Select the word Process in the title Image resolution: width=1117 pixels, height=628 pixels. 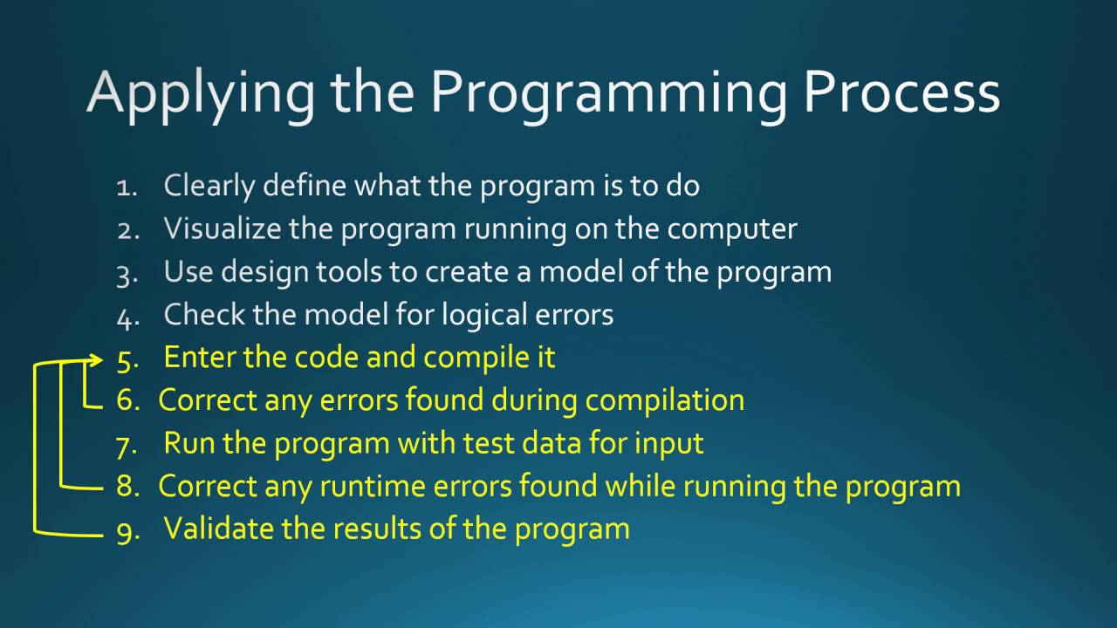click(901, 92)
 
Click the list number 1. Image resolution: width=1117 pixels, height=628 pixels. click(127, 187)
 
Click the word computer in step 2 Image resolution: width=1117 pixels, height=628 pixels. click(732, 229)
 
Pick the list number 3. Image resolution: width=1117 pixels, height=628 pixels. click(127, 273)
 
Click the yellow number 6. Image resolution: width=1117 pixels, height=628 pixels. click(127, 400)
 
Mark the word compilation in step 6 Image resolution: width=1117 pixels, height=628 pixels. click(664, 400)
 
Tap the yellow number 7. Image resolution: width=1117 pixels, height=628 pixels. click(127, 444)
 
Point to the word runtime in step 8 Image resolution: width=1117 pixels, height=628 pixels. click(370, 486)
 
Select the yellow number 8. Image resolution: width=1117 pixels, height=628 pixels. click(127, 486)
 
